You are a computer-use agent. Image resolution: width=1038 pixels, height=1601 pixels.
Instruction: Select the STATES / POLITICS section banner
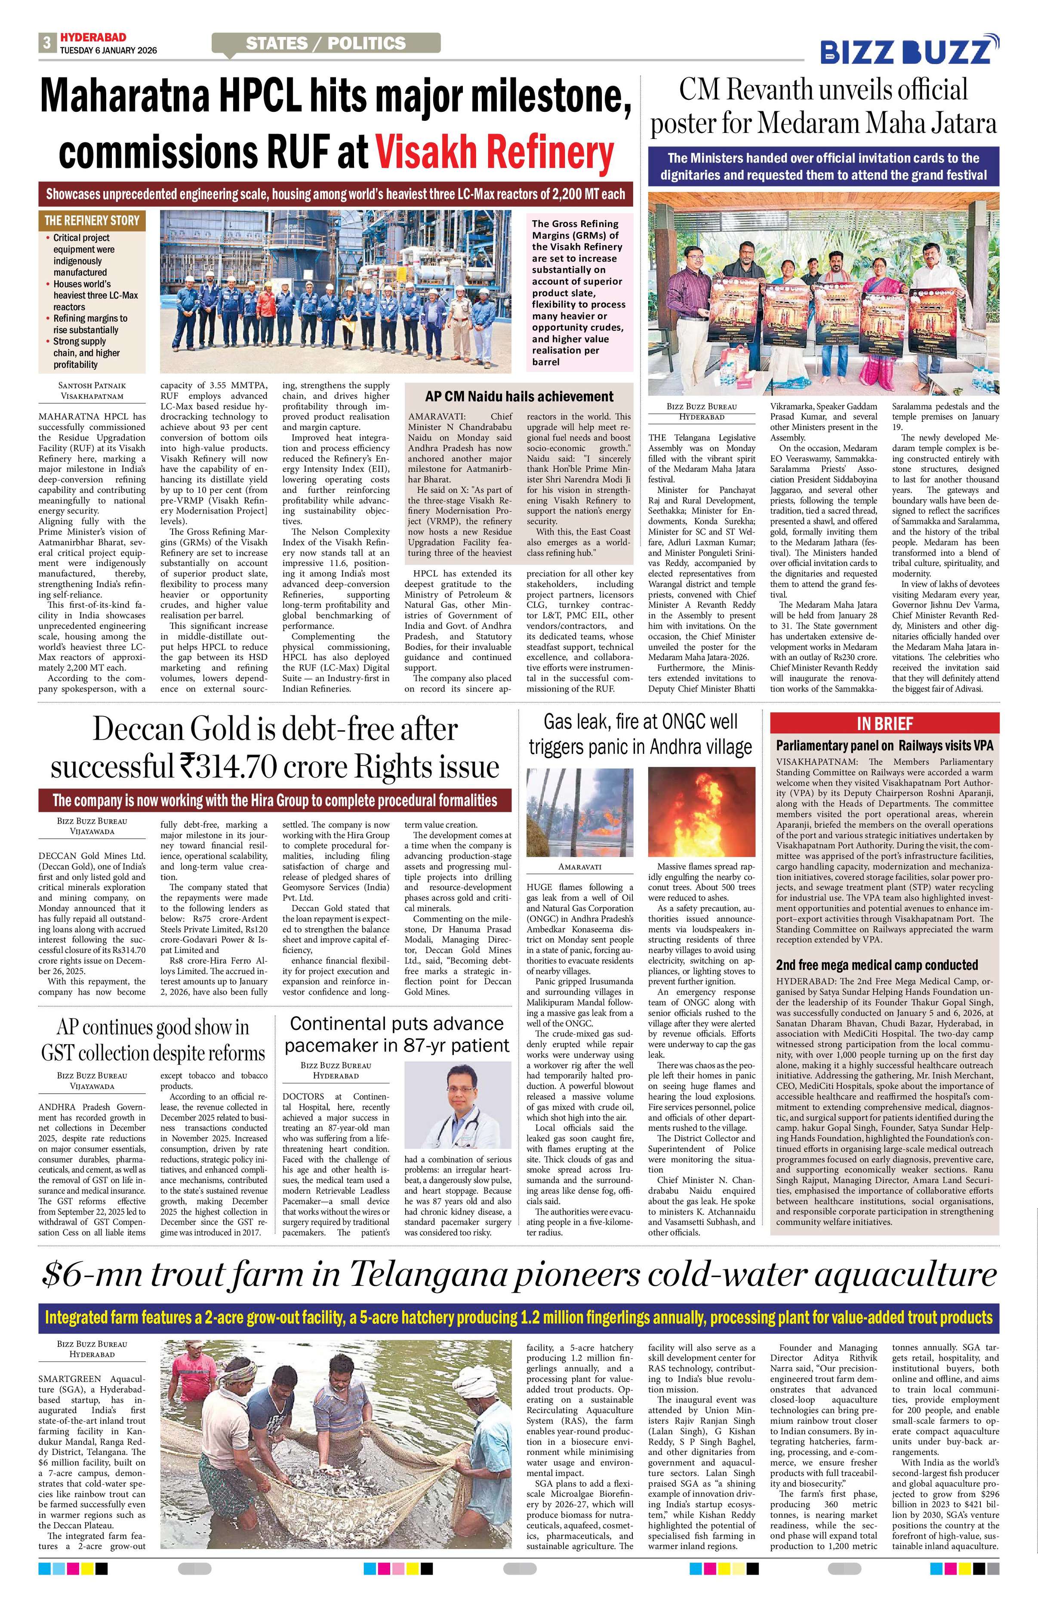[x=326, y=44]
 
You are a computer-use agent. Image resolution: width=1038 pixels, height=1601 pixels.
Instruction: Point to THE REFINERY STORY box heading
[x=92, y=221]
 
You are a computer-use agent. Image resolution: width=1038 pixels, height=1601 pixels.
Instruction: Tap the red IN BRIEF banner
[x=884, y=724]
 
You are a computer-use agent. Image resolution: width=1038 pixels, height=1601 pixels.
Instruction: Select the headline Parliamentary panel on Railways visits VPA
[x=884, y=745]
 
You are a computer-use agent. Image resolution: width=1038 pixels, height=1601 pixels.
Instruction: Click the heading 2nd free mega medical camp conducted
[x=877, y=965]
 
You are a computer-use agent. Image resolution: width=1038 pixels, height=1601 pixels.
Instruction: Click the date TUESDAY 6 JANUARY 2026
[x=108, y=50]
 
